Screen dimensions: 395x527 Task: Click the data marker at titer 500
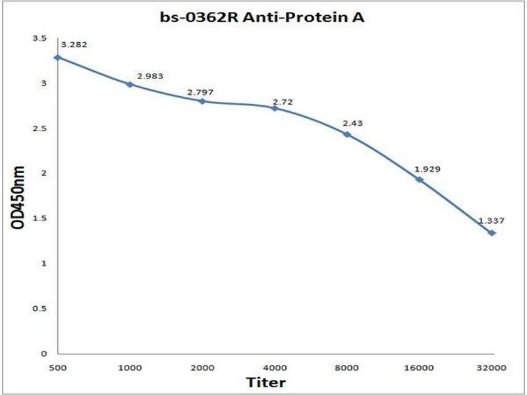(58, 57)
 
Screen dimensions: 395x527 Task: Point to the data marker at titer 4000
(275, 107)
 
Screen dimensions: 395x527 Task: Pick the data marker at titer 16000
(419, 179)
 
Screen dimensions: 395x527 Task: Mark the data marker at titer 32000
(491, 233)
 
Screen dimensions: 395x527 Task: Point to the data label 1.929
(428, 169)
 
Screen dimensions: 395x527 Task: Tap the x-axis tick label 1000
(130, 366)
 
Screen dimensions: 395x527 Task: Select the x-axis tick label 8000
(347, 366)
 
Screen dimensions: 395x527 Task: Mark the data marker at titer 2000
(202, 101)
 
